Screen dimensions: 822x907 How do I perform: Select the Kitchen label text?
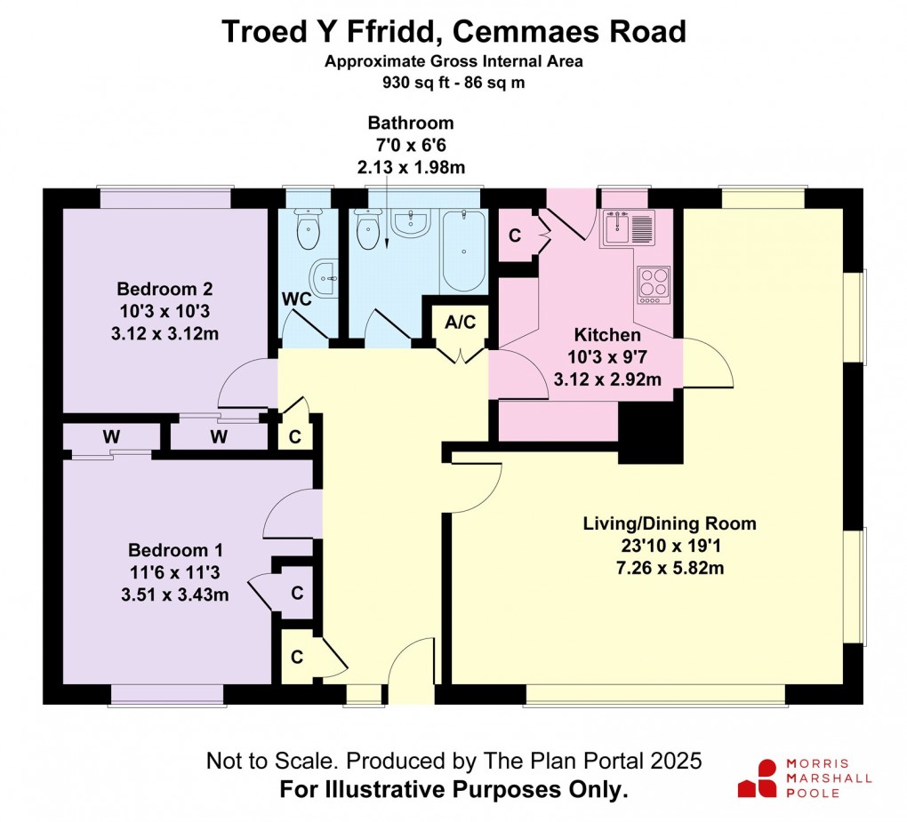(x=607, y=335)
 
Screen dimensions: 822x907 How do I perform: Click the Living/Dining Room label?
(x=670, y=523)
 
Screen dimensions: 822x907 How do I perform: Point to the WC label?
(x=297, y=299)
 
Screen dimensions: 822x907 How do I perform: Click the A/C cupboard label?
(x=461, y=322)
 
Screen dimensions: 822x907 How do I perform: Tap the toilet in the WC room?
(x=308, y=231)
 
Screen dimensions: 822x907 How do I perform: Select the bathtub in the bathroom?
(x=463, y=251)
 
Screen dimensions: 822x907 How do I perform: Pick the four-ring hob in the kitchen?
(x=654, y=284)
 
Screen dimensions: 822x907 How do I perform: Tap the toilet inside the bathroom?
(x=366, y=229)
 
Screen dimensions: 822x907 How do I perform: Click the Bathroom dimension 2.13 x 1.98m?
(x=411, y=167)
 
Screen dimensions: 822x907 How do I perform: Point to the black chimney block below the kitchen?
(x=650, y=432)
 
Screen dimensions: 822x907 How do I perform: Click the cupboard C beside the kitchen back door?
(x=515, y=235)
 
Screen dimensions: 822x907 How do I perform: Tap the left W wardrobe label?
(x=111, y=436)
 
